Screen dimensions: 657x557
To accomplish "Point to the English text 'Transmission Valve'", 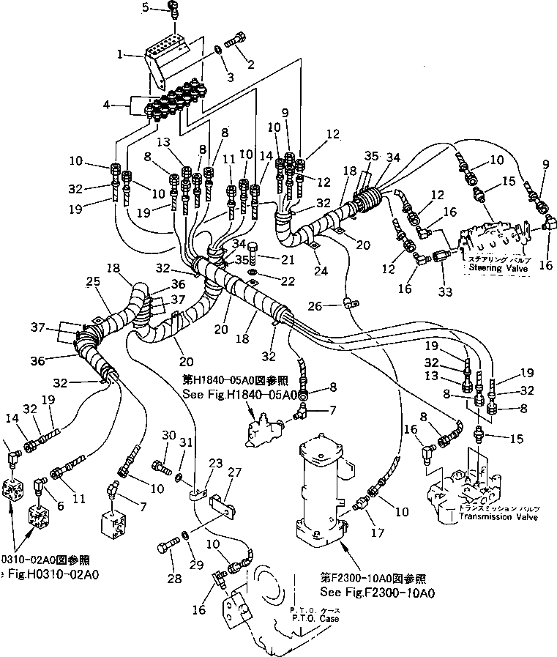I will click(498, 517).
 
